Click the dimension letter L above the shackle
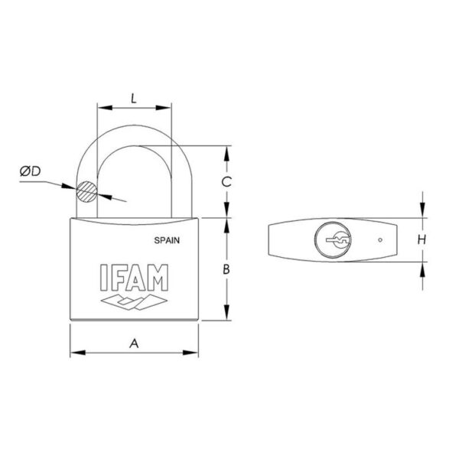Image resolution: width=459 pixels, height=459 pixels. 134,99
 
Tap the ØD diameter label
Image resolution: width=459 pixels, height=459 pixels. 30,171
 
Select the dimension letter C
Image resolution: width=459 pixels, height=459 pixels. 226,182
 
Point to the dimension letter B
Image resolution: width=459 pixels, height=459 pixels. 226,269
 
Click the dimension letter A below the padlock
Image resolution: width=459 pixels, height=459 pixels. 134,343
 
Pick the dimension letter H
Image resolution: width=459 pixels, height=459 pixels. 422,239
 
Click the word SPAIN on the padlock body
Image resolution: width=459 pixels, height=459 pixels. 167,240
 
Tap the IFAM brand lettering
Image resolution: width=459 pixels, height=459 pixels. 135,278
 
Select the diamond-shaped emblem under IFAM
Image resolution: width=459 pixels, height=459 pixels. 134,301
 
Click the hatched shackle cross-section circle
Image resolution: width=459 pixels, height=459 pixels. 86,192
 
